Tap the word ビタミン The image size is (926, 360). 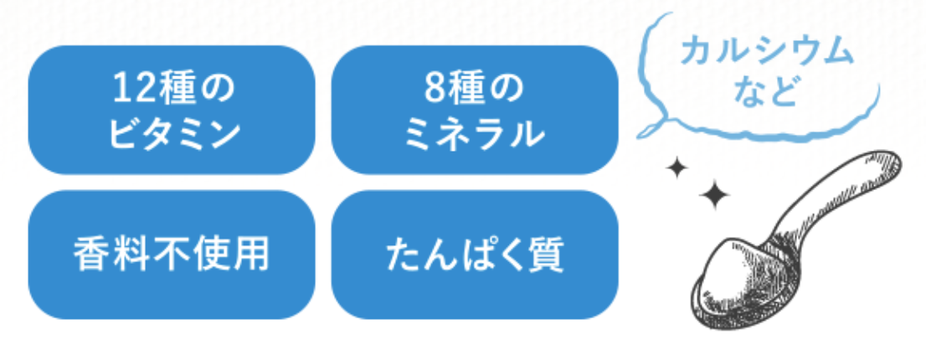[x=172, y=134]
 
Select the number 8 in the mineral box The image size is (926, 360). [x=437, y=87]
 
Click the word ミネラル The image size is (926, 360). [x=475, y=134]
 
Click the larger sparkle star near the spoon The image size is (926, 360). [x=713, y=197]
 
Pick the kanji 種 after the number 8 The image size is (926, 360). [x=473, y=87]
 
